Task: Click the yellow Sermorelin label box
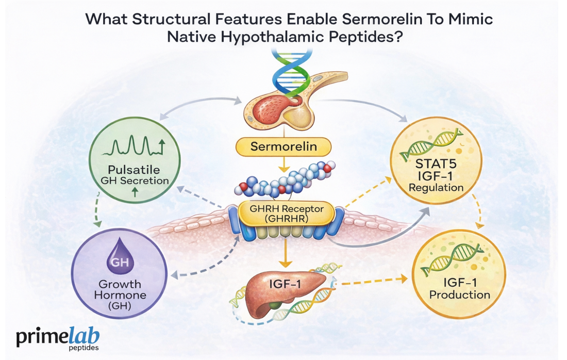(x=282, y=147)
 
